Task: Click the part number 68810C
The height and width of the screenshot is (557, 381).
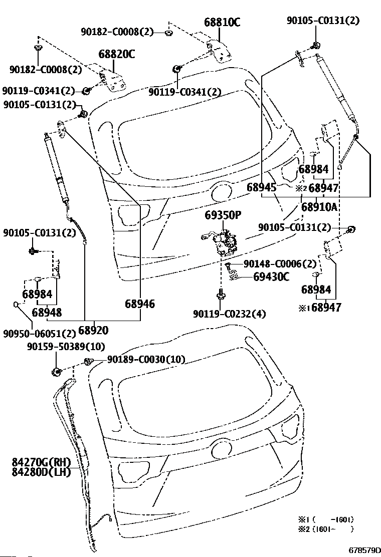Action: pos(222,23)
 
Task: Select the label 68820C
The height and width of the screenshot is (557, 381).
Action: pos(117,55)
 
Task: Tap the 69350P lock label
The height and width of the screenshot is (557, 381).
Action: pos(223,215)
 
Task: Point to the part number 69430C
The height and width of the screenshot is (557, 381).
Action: pos(271,276)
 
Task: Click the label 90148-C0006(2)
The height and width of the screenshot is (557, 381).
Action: pos(280,264)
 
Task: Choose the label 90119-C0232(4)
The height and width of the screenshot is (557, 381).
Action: pos(229,314)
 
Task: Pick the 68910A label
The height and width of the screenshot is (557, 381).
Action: pos(319,207)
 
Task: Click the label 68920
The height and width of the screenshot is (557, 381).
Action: pos(93,331)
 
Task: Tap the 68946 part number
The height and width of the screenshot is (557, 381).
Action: pos(140,304)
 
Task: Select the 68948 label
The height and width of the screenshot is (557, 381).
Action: pos(47,313)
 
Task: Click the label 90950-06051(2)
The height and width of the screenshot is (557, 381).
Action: pos(40,334)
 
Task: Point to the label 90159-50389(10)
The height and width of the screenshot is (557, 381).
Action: pos(66,346)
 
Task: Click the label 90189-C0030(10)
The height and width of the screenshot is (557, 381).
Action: pos(146,360)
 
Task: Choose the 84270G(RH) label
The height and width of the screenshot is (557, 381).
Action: pos(41,462)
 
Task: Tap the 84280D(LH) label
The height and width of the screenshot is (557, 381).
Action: pos(41,472)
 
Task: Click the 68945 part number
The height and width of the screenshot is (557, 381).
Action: pos(262,188)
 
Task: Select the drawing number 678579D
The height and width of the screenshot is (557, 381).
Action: pos(364,550)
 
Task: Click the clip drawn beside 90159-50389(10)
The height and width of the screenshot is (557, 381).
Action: pos(57,372)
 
